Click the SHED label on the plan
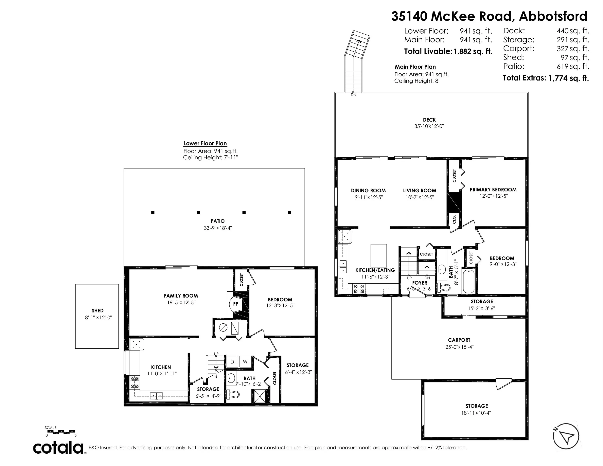97,311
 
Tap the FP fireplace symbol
235,304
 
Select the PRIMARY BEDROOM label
493,190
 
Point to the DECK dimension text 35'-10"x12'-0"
429,126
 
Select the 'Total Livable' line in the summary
448,51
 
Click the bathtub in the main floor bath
468,281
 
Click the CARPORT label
459,340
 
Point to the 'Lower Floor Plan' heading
205,144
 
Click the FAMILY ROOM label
181,296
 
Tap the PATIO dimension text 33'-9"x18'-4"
218,228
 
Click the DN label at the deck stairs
353,95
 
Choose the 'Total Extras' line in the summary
546,78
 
